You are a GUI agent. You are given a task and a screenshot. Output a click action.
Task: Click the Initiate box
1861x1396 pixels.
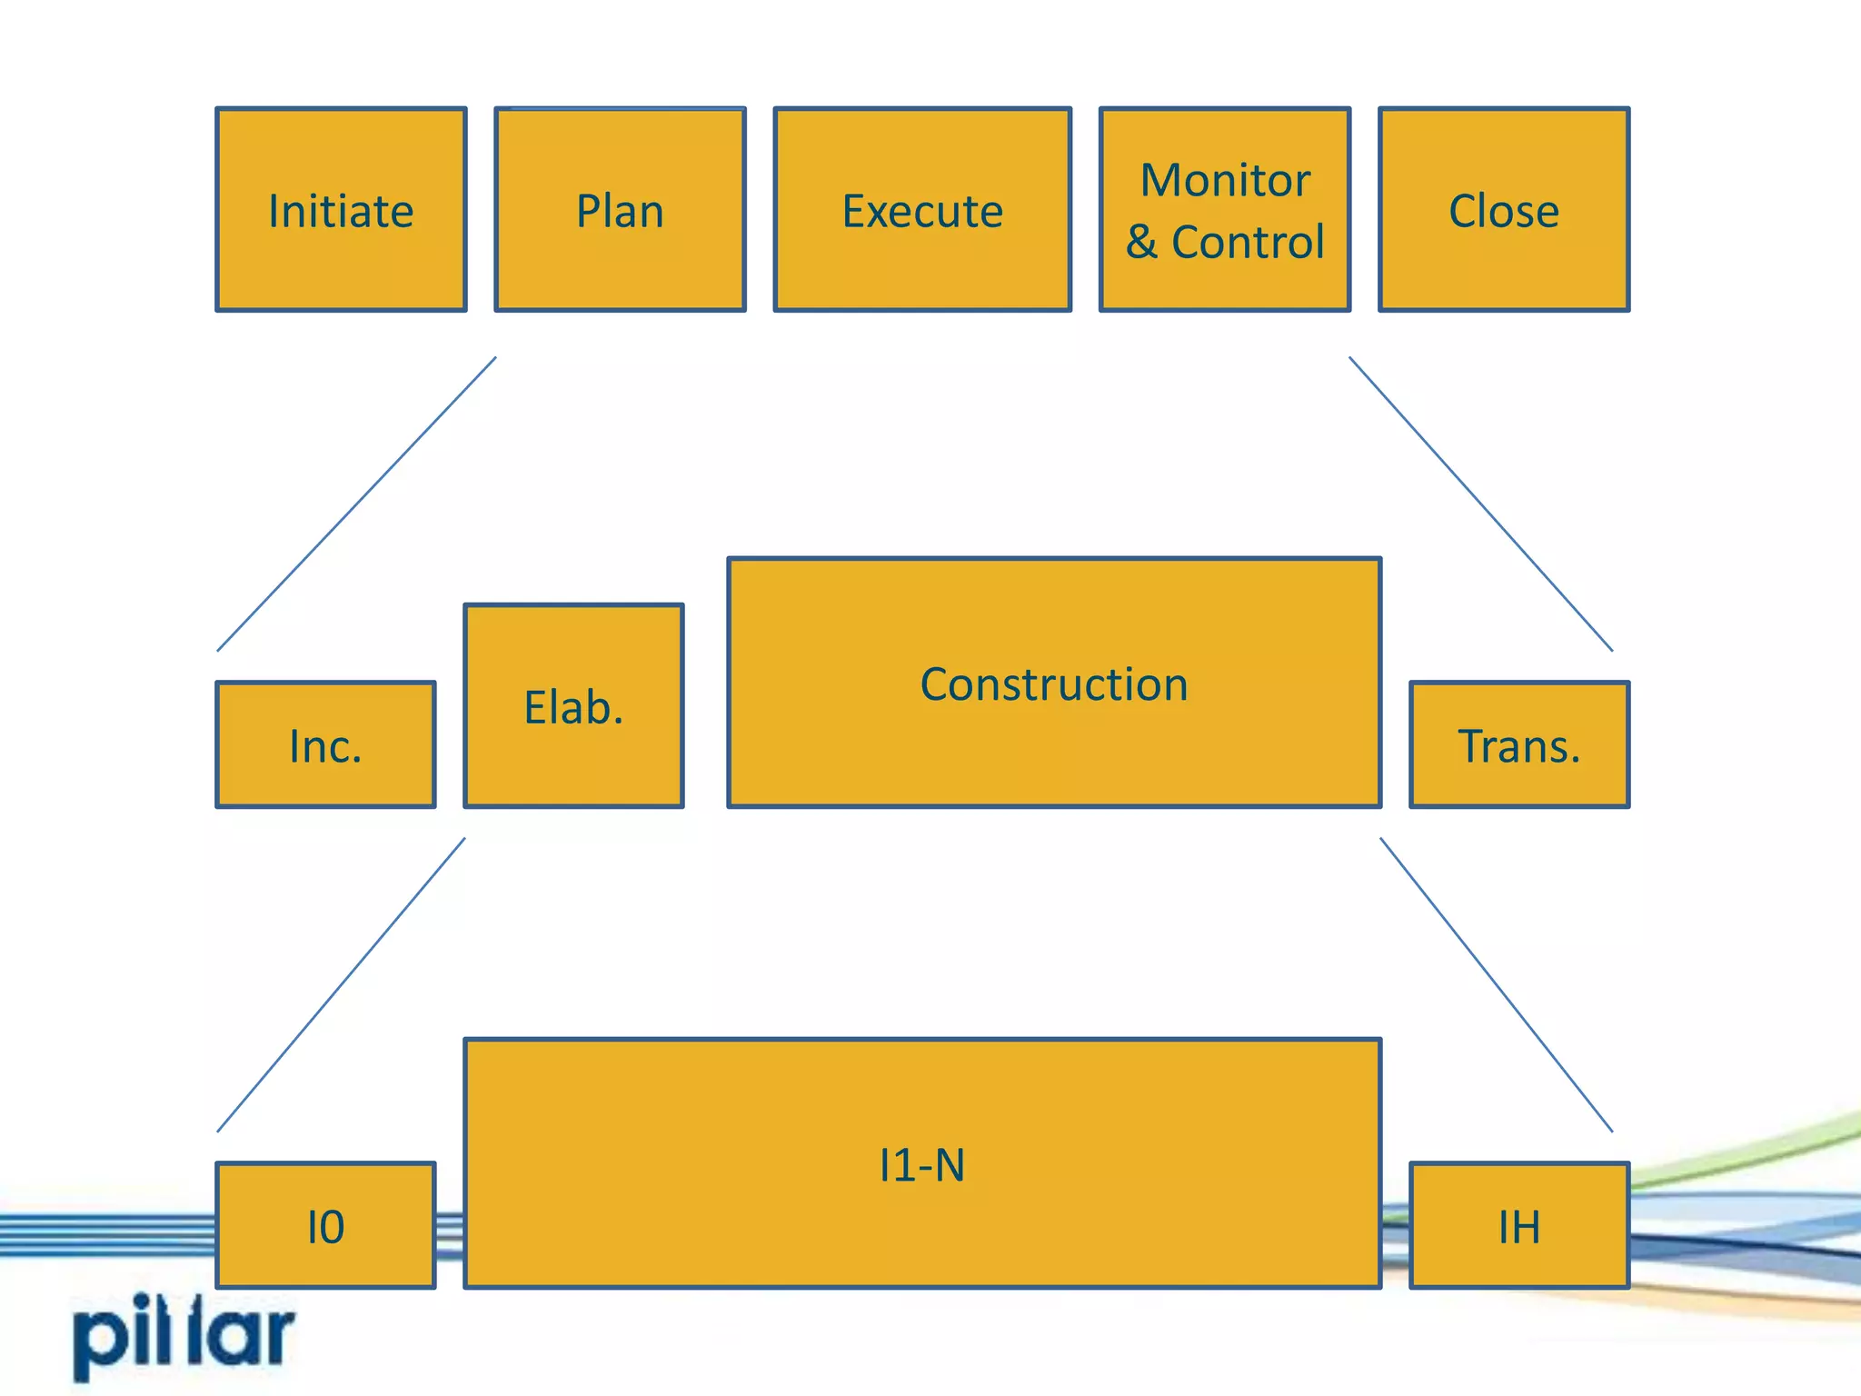(341, 210)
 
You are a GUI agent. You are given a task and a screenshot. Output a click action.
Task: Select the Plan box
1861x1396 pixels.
(620, 210)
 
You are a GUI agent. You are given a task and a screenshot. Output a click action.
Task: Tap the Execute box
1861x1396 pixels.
(921, 210)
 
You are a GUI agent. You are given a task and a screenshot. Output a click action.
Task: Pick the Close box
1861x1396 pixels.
(1503, 210)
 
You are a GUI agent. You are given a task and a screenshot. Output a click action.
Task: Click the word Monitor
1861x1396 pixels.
(1225, 180)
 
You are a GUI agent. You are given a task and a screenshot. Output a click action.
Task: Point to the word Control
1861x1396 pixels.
(1248, 242)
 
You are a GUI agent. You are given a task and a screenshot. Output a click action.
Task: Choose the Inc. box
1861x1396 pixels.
(325, 744)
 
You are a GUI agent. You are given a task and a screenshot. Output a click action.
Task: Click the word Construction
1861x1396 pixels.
(1054, 683)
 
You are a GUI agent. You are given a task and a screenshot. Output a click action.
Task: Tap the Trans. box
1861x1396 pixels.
(1519, 744)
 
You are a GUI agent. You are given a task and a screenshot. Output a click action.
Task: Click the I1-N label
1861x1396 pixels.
(921, 1164)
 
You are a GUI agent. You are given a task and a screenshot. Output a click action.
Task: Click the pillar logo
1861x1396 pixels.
(184, 1336)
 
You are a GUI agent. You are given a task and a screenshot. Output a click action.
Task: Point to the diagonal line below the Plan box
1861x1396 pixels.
(356, 504)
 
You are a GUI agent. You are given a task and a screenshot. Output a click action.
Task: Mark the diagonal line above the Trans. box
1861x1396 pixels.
(1481, 504)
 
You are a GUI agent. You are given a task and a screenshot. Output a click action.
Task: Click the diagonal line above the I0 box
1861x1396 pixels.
(341, 985)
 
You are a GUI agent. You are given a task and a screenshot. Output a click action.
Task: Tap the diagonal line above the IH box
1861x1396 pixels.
(1497, 985)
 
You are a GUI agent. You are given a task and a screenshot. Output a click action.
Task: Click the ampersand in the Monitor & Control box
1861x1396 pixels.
(1142, 242)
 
